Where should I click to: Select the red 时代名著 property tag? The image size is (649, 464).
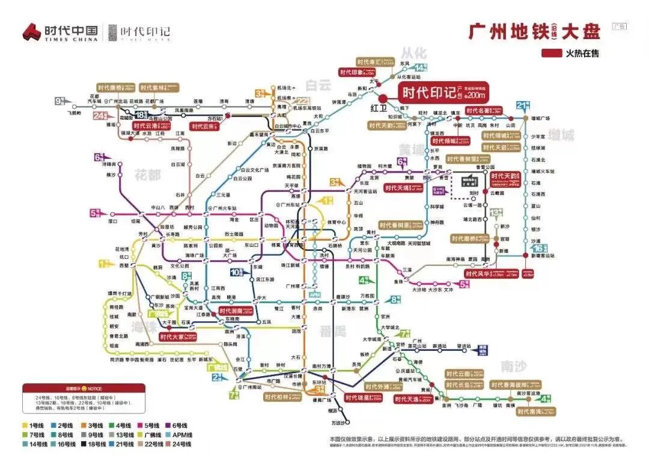pos(486,111)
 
